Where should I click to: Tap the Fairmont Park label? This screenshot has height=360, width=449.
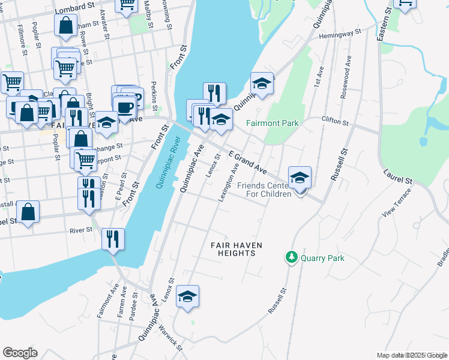tap(272, 124)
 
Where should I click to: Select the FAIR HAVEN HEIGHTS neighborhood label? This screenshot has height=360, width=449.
tap(233, 249)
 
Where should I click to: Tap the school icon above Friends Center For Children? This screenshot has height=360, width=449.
tap(300, 178)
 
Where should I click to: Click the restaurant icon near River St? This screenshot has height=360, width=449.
tap(113, 239)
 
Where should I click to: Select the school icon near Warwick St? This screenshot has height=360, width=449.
tap(187, 296)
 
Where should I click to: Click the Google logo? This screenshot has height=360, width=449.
tap(20, 352)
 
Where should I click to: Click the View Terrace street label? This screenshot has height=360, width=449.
tap(398, 203)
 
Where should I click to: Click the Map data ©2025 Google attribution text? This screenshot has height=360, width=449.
tap(411, 355)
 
